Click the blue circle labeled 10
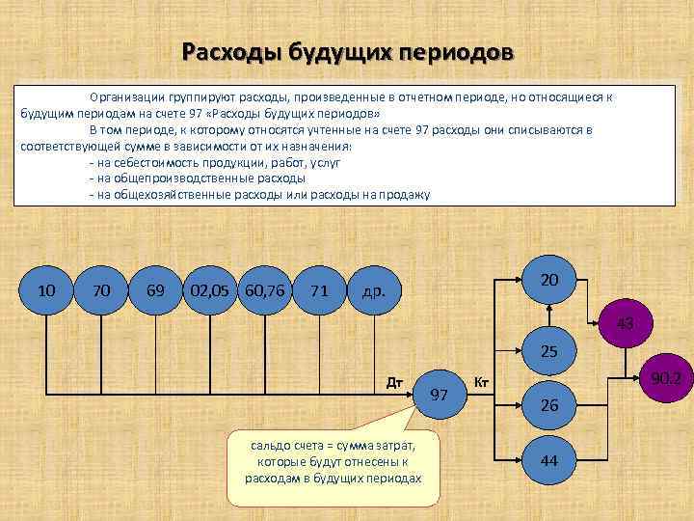[45, 290]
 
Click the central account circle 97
[440, 395]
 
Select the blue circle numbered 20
[549, 280]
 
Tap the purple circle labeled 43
[625, 323]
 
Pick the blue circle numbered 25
[549, 353]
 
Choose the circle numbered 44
[549, 461]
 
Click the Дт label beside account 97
[394, 382]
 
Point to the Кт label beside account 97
[483, 382]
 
